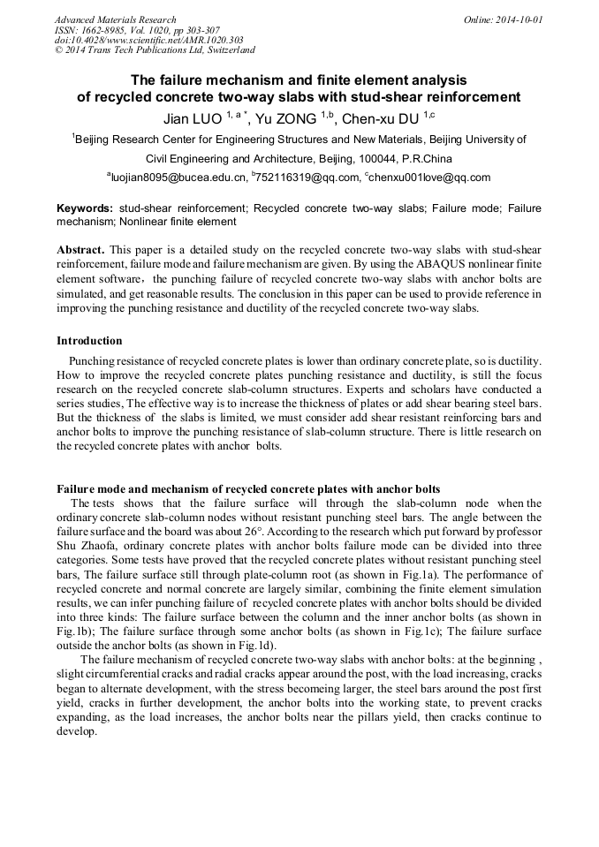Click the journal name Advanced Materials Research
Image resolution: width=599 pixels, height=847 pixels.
click(115, 19)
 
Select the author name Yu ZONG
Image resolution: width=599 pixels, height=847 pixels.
click(286, 118)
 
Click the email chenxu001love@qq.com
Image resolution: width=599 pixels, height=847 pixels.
click(431, 177)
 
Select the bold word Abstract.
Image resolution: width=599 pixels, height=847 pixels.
click(81, 251)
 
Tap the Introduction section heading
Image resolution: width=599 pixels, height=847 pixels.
click(89, 340)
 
